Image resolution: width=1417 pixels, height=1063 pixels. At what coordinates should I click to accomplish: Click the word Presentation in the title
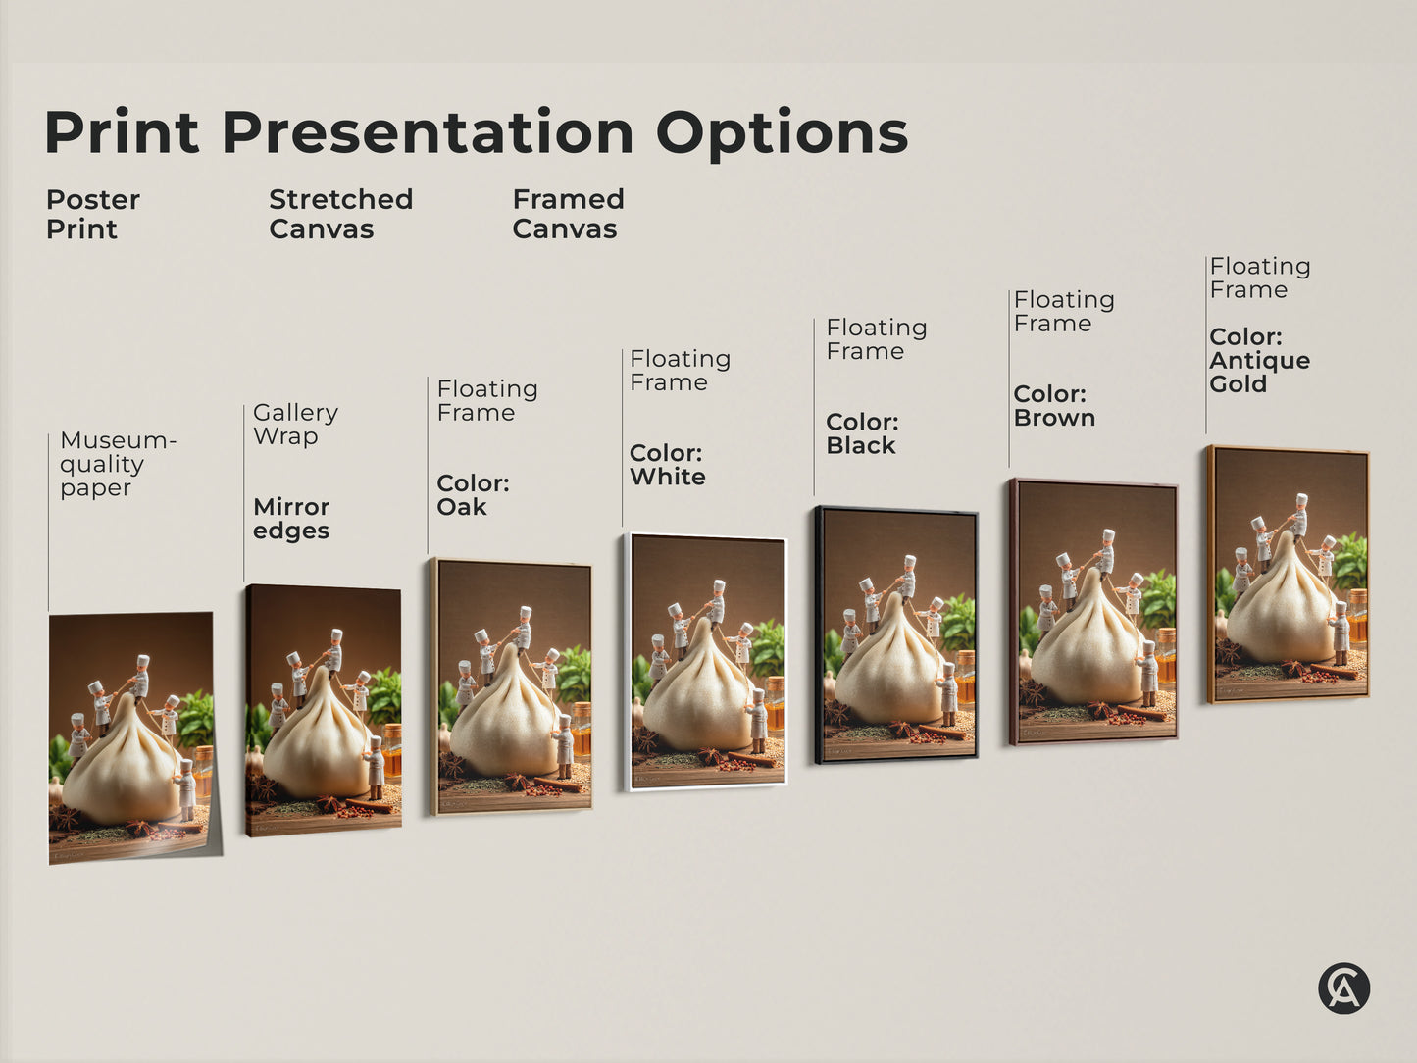click(x=428, y=132)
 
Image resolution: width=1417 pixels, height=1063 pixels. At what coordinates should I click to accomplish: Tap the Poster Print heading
click(x=92, y=214)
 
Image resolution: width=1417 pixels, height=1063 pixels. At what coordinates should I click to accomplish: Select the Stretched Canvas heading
click(x=340, y=214)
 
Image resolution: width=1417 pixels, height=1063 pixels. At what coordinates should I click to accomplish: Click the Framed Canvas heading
click(x=568, y=214)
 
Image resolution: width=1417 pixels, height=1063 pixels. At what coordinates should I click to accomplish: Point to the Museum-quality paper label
click(x=117, y=464)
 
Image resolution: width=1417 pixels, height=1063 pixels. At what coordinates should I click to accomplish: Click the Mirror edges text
click(x=291, y=519)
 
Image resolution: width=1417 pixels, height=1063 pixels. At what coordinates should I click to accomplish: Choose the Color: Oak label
click(x=473, y=495)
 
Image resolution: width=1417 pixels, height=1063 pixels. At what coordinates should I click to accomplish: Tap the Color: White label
click(x=667, y=465)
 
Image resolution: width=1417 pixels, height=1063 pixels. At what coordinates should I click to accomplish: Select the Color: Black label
click(x=862, y=433)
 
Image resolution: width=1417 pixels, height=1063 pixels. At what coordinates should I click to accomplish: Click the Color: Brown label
click(x=1054, y=406)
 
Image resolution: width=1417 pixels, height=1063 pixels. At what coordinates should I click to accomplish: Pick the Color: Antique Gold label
click(x=1259, y=360)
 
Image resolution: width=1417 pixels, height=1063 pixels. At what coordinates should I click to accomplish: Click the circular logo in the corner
click(x=1342, y=987)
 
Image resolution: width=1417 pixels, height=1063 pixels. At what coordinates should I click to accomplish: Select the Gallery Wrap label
click(x=295, y=424)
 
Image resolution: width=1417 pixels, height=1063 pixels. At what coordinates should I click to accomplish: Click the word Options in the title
click(x=782, y=132)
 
